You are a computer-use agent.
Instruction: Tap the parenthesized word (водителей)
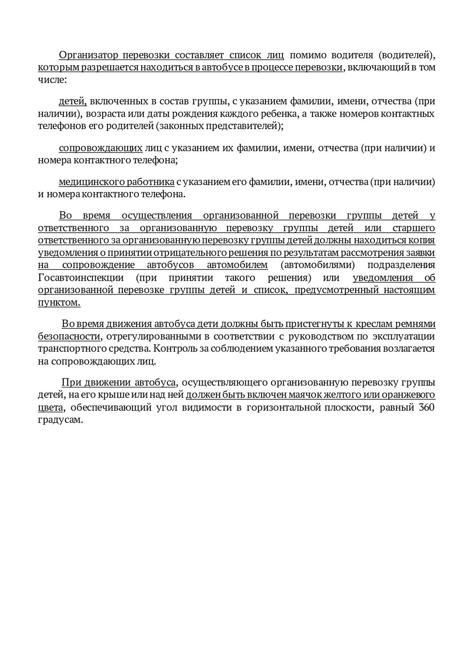coord(406,55)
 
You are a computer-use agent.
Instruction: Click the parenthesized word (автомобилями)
coord(318,265)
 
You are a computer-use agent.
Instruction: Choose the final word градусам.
coord(60,420)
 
